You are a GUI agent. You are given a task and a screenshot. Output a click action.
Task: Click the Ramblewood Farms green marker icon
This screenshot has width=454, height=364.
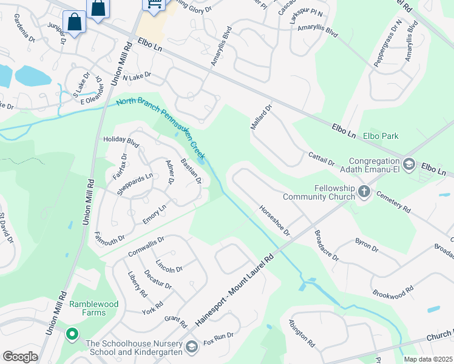pyautogui.click(x=72, y=334)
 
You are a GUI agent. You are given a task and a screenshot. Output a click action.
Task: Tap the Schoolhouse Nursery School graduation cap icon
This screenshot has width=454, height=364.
pyautogui.click(x=192, y=346)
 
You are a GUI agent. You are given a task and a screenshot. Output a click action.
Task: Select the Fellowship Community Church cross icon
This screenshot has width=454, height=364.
pyautogui.click(x=364, y=192)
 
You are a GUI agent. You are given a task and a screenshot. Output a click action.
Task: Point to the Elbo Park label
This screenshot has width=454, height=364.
pyautogui.click(x=381, y=136)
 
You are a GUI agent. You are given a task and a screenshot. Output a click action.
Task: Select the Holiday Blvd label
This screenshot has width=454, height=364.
pyautogui.click(x=121, y=142)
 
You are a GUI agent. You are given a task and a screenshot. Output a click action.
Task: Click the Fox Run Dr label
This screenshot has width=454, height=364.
pyautogui.click(x=219, y=337)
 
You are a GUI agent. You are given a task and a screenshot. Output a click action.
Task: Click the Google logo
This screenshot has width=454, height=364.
pyautogui.click(x=20, y=357)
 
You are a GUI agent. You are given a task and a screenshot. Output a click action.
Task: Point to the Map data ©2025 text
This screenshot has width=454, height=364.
pyautogui.click(x=427, y=359)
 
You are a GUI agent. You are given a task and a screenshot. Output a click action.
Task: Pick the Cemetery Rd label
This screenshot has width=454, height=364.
pyautogui.click(x=393, y=201)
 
